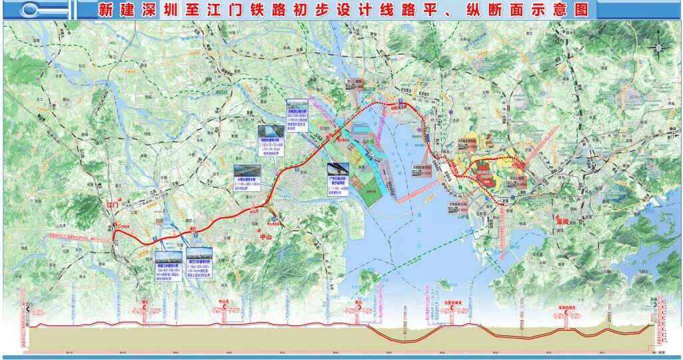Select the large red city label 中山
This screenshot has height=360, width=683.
pos(266,236)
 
